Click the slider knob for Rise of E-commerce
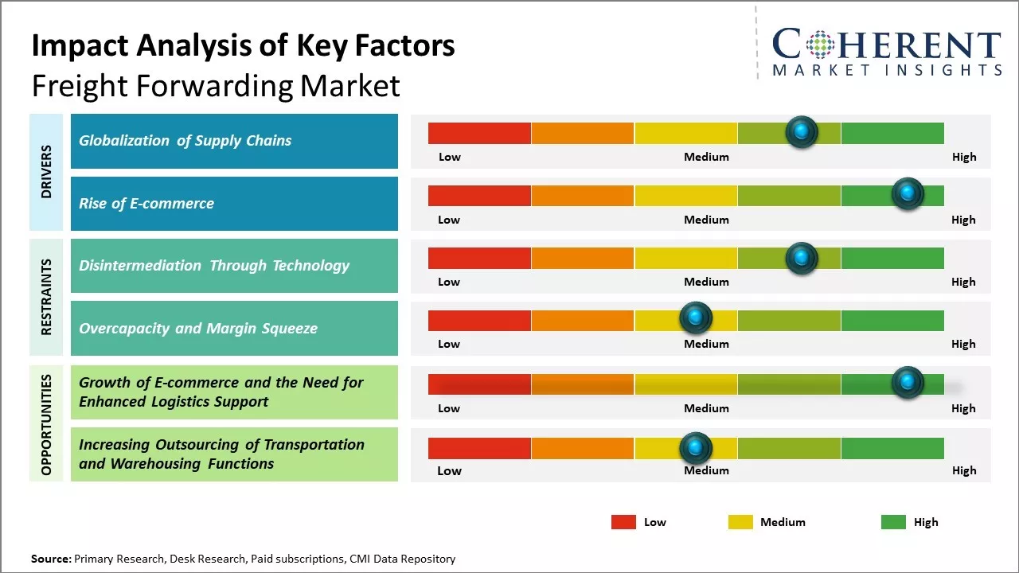pyautogui.click(x=908, y=193)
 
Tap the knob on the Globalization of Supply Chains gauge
pyautogui.click(x=802, y=131)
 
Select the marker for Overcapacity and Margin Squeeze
pyautogui.click(x=696, y=318)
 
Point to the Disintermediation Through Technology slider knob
pyautogui.click(x=802, y=257)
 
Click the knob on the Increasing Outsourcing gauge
pyautogui.click(x=696, y=447)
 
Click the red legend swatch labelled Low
pyautogui.click(x=623, y=522)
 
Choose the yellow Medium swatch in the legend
pyautogui.click(x=740, y=522)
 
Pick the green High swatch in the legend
pyautogui.click(x=893, y=522)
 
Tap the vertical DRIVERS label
pyautogui.click(x=46, y=171)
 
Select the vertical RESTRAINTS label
pyautogui.click(x=46, y=297)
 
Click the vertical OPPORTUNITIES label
pyautogui.click(x=46, y=424)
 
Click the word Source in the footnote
pyautogui.click(x=50, y=559)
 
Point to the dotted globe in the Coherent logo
pyautogui.click(x=819, y=45)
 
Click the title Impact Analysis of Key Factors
pyautogui.click(x=243, y=46)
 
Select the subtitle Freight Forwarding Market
pyautogui.click(x=215, y=85)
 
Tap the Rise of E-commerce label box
pyautogui.click(x=234, y=204)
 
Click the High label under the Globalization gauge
pyautogui.click(x=963, y=157)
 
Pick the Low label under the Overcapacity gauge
pyautogui.click(x=449, y=344)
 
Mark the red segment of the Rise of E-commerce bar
pyautogui.click(x=479, y=196)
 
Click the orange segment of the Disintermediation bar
pyautogui.click(x=582, y=258)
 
